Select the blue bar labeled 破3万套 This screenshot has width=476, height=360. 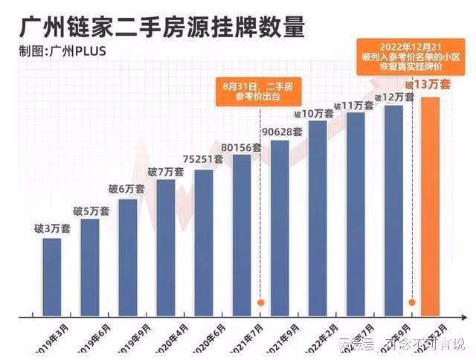click(x=52, y=275)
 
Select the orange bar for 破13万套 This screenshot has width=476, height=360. click(x=431, y=205)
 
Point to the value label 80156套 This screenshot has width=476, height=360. click(x=242, y=147)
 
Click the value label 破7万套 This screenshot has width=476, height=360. click(x=165, y=173)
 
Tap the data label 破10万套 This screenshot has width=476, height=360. click(x=314, y=114)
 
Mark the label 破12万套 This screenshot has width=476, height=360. click(x=394, y=97)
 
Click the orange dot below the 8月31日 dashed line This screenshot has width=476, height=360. click(x=261, y=303)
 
